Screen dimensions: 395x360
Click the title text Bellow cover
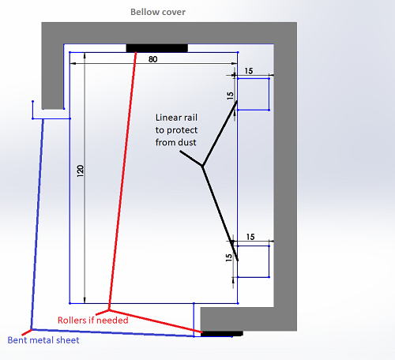point(158,12)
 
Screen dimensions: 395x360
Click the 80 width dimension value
point(153,59)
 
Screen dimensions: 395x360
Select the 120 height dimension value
point(81,171)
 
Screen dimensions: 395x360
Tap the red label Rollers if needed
point(93,321)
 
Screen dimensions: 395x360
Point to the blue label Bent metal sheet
point(43,340)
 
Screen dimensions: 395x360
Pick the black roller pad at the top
point(157,48)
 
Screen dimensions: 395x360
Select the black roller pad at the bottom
point(222,334)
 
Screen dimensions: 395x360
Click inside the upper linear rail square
point(253,94)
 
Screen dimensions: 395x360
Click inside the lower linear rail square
point(254,261)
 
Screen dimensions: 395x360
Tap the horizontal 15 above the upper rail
point(249,71)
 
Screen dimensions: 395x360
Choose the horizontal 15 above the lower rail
point(250,237)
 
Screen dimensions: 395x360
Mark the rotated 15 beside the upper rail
point(231,96)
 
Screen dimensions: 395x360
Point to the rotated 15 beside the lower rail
point(229,257)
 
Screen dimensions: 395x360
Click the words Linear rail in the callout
point(176,118)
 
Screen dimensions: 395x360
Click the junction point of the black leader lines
point(202,166)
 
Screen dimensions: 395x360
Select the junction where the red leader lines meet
point(109,310)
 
